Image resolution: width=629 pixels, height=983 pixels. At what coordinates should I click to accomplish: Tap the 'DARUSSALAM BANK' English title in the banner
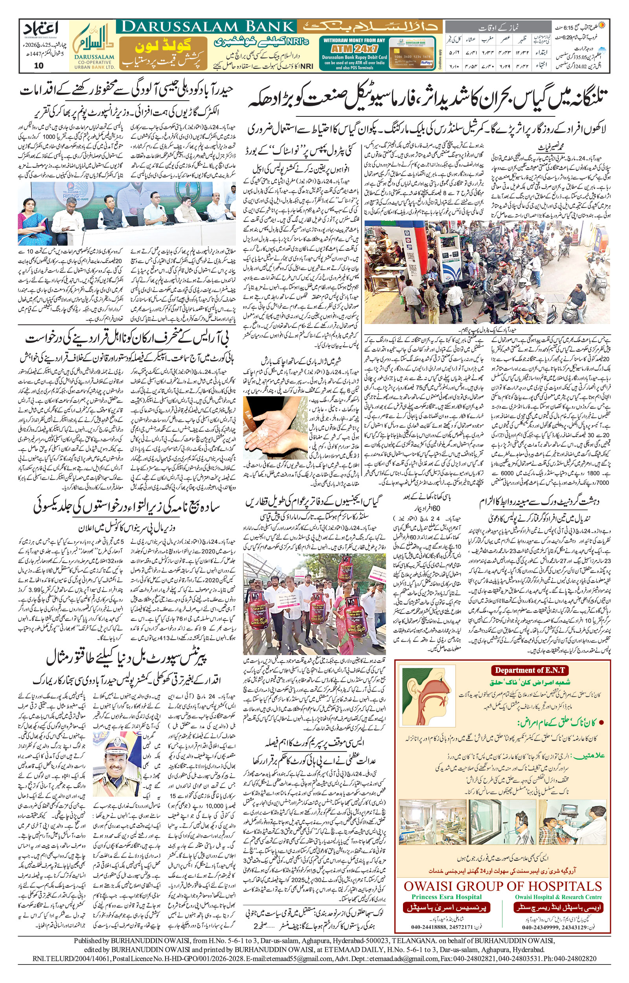206,27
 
